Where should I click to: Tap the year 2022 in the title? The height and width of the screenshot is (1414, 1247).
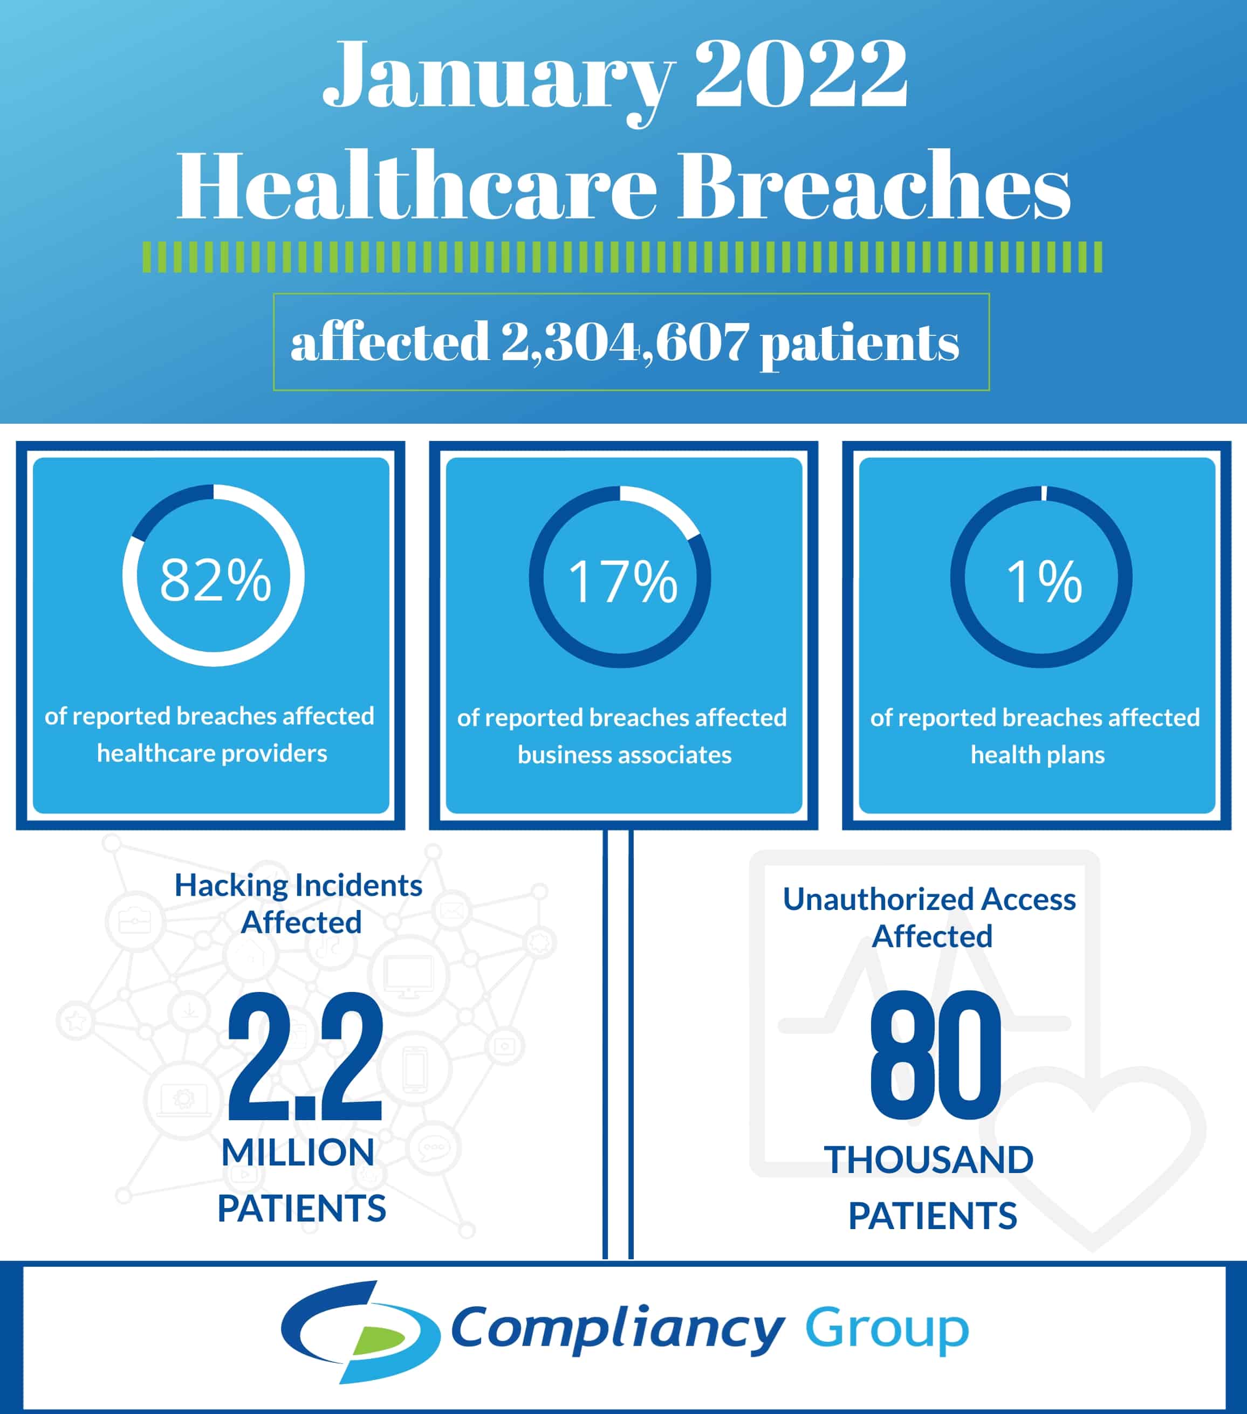pyautogui.click(x=800, y=73)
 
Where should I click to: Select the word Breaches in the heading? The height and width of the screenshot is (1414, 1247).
pyautogui.click(x=874, y=185)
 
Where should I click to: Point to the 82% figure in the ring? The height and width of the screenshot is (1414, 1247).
pyautogui.click(x=215, y=580)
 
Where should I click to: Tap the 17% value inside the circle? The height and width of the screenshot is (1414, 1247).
pyautogui.click(x=622, y=582)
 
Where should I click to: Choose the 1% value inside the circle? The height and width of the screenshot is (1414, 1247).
pyautogui.click(x=1044, y=582)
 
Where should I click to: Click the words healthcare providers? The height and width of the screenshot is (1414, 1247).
pyautogui.click(x=212, y=753)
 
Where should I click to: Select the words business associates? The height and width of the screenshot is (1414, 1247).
pyautogui.click(x=624, y=755)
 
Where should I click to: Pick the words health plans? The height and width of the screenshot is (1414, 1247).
pyautogui.click(x=1037, y=755)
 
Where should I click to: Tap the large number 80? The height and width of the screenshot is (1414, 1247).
pyautogui.click(x=935, y=1055)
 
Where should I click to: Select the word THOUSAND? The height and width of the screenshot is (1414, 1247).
pyautogui.click(x=929, y=1160)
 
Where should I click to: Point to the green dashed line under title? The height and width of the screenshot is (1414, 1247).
pyautogui.click(x=622, y=257)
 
